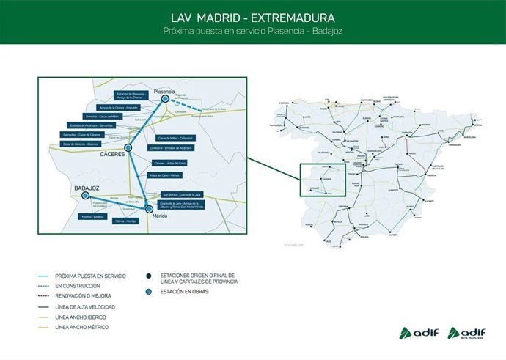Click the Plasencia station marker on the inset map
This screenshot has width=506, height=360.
pyautogui.click(x=166, y=98)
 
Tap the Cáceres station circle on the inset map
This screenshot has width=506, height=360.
pyautogui.click(x=128, y=147)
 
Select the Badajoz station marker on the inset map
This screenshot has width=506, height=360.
pyautogui.click(x=87, y=196)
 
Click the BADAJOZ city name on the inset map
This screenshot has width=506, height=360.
pyautogui.click(x=87, y=188)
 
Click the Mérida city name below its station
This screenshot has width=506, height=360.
pyautogui.click(x=159, y=216)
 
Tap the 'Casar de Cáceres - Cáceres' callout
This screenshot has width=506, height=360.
pyautogui.click(x=81, y=144)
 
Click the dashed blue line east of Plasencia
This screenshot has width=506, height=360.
pyautogui.click(x=192, y=109)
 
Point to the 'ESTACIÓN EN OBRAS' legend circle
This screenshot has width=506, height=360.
pyautogui.click(x=149, y=292)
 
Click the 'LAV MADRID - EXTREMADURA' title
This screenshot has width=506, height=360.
pyautogui.click(x=252, y=16)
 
